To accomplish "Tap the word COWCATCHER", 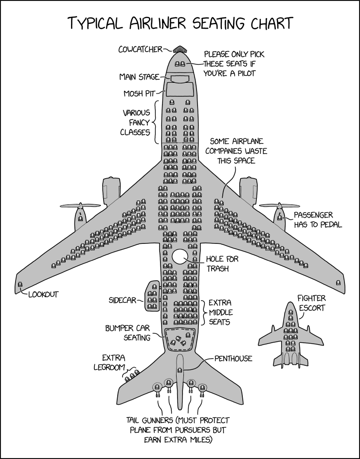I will pos(141,49).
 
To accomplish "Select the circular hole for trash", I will pos(180,257).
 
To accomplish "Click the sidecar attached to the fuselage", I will pos(151,295).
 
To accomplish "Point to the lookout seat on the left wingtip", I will pos(20,285).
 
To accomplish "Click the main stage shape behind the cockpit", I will pos(180,78).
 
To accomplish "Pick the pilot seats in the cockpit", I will pos(180,64).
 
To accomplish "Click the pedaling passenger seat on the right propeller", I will pos(279,217).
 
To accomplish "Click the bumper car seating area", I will pos(180,339).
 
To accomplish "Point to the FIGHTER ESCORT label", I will pos(311,303).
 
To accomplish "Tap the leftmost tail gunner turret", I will pos(157,387).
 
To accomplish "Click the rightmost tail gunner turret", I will pos(202,388).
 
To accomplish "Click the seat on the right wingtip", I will pos(339,282).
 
